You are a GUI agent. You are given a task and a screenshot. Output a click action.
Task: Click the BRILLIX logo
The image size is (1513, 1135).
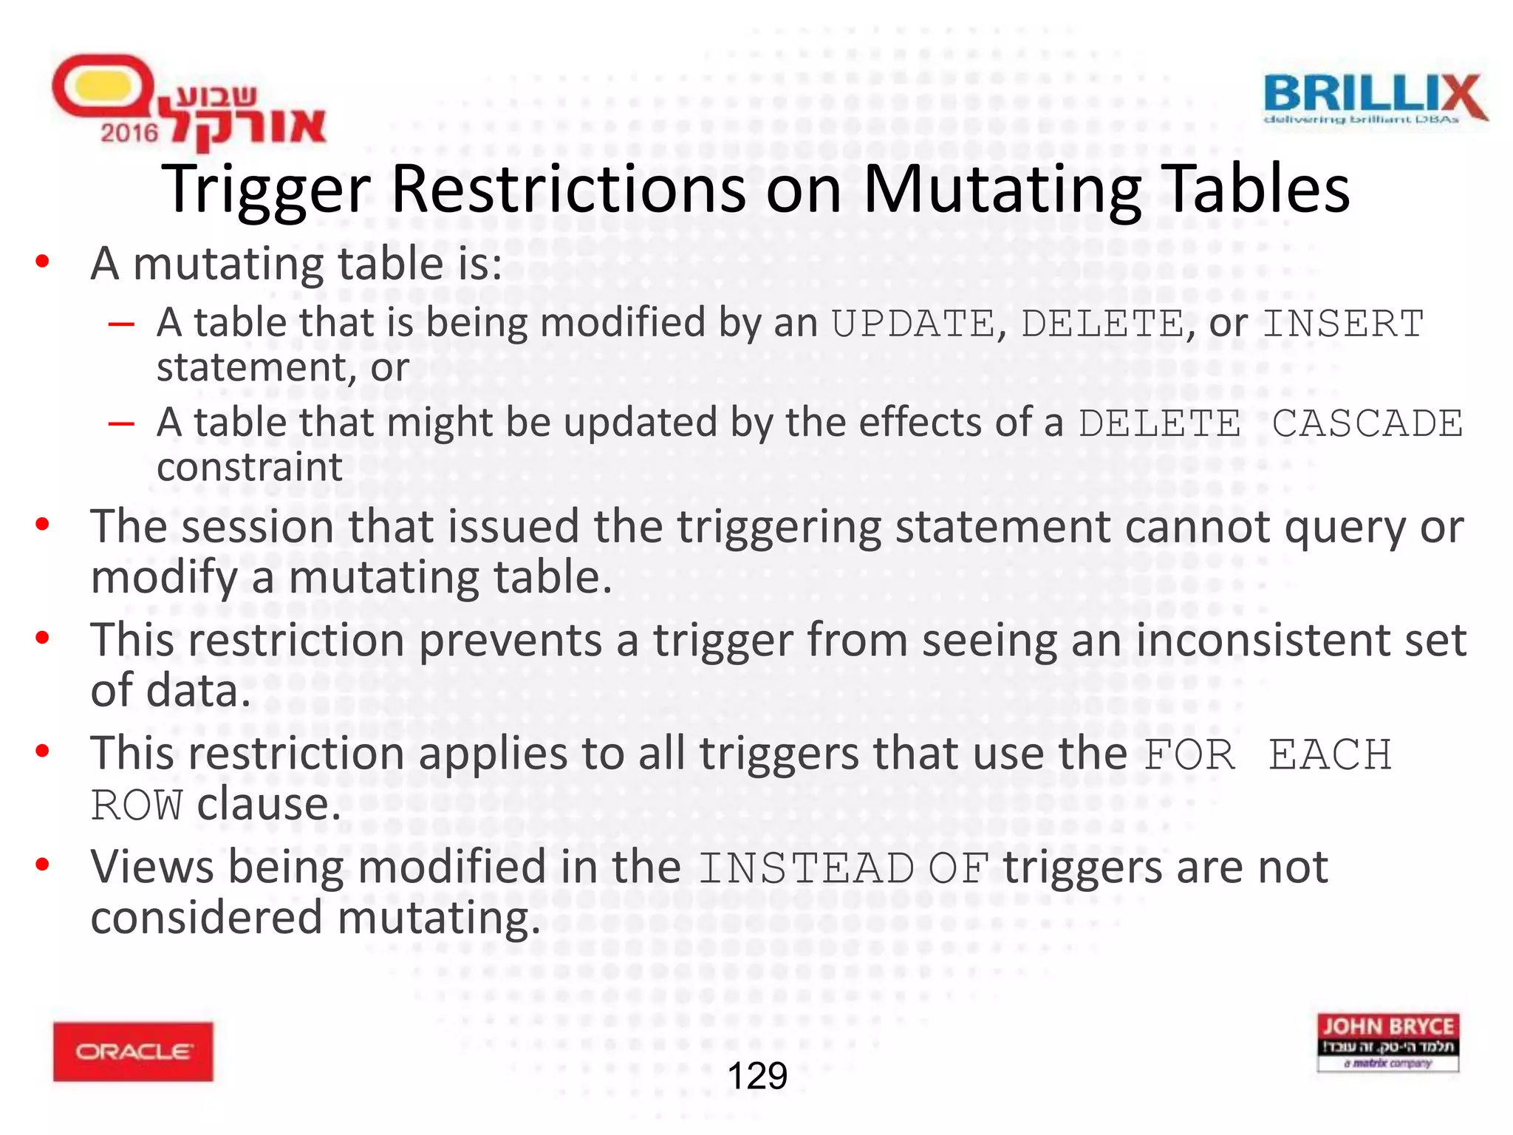coord(1375,98)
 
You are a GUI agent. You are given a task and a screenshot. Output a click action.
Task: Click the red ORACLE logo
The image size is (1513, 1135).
coord(133,1052)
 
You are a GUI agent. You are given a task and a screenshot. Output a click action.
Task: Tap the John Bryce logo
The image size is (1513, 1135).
coord(1387,1042)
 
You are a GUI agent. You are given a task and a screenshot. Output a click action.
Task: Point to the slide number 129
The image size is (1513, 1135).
coord(757,1076)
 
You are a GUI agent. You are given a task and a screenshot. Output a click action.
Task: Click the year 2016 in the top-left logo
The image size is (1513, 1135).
coord(129,133)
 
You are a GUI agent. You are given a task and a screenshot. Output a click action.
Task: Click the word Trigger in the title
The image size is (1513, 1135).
coord(266,190)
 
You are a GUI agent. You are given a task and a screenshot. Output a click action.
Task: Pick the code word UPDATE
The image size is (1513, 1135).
coord(913,324)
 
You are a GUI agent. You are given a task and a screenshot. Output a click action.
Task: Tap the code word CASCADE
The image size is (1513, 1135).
coord(1367,423)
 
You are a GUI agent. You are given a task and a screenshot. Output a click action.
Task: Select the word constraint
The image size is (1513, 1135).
coord(250,467)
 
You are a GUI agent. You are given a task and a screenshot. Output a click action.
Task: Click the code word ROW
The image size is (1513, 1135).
coord(137,805)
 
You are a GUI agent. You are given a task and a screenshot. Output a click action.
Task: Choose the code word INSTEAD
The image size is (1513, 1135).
coord(806,868)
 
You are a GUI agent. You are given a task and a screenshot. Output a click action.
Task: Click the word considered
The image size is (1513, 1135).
coord(207,918)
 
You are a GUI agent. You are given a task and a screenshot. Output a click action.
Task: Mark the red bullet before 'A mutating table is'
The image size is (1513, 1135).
coord(43,262)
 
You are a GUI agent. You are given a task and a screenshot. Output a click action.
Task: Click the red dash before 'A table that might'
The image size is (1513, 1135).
coord(120,424)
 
